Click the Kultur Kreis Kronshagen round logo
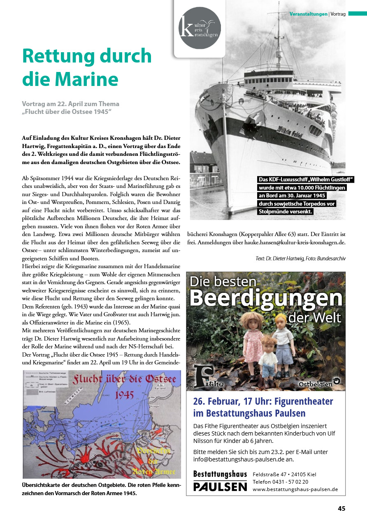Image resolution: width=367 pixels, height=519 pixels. click(x=200, y=28)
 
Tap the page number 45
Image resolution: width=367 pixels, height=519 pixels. click(x=341, y=508)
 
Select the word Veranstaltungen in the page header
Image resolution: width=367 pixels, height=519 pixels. click(x=308, y=14)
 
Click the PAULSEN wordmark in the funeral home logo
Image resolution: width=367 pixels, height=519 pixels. click(x=220, y=487)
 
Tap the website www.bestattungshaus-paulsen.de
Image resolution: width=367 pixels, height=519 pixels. click(x=295, y=489)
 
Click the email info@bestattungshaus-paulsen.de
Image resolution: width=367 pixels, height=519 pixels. click(x=244, y=459)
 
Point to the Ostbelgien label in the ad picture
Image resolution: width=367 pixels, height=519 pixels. click(x=316, y=384)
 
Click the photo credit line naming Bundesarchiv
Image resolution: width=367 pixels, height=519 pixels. click(x=300, y=258)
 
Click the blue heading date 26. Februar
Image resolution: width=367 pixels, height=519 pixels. click(x=218, y=401)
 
